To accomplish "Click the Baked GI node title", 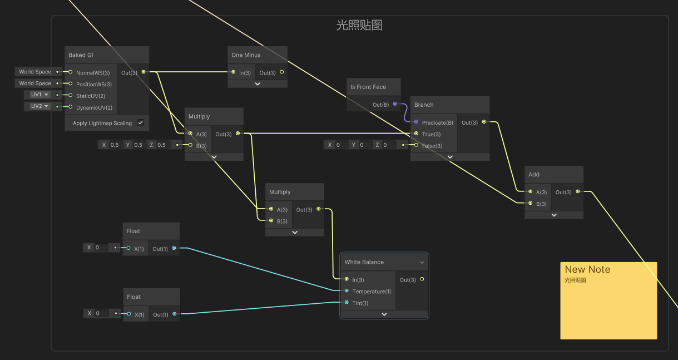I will (81, 55).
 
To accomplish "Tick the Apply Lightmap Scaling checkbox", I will (141, 122).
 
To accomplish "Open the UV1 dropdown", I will (40, 95).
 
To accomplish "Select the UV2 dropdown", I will (40, 106).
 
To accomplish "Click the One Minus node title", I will (246, 55).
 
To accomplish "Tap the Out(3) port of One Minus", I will (281, 72).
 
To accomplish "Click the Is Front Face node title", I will (368, 87).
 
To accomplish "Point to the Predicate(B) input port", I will (416, 122).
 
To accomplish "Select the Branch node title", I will (424, 105).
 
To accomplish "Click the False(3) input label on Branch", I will (432, 146).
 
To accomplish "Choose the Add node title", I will (534, 174).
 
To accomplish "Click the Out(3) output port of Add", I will (578, 192).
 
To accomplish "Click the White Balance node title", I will (364, 262).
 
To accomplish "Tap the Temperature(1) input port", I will (347, 291).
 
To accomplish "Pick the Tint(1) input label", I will (360, 303).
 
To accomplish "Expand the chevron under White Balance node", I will (384, 314).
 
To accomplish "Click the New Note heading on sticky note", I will (587, 269).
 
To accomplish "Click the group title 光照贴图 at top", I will (359, 25).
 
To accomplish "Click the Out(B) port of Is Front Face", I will (395, 104).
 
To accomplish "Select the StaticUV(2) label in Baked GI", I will (91, 96).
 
